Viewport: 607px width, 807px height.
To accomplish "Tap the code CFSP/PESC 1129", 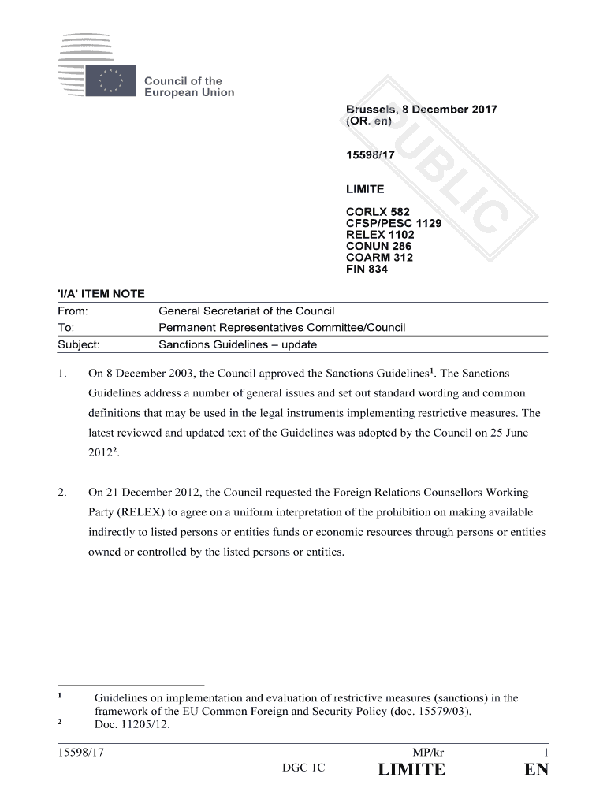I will [394, 223].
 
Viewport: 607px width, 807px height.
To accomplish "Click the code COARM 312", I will [380, 258].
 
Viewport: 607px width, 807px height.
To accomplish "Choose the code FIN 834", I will [367, 269].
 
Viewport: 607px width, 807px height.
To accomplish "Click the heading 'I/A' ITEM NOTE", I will [102, 294].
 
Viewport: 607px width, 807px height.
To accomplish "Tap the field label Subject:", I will [78, 344].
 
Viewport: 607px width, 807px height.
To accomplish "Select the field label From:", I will [73, 311].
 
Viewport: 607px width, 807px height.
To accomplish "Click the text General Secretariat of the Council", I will [247, 311].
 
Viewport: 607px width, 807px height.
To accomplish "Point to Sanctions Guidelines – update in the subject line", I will [238, 344].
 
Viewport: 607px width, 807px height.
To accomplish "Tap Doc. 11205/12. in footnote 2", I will [132, 726].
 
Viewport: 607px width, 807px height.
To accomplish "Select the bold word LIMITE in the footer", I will [411, 770].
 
